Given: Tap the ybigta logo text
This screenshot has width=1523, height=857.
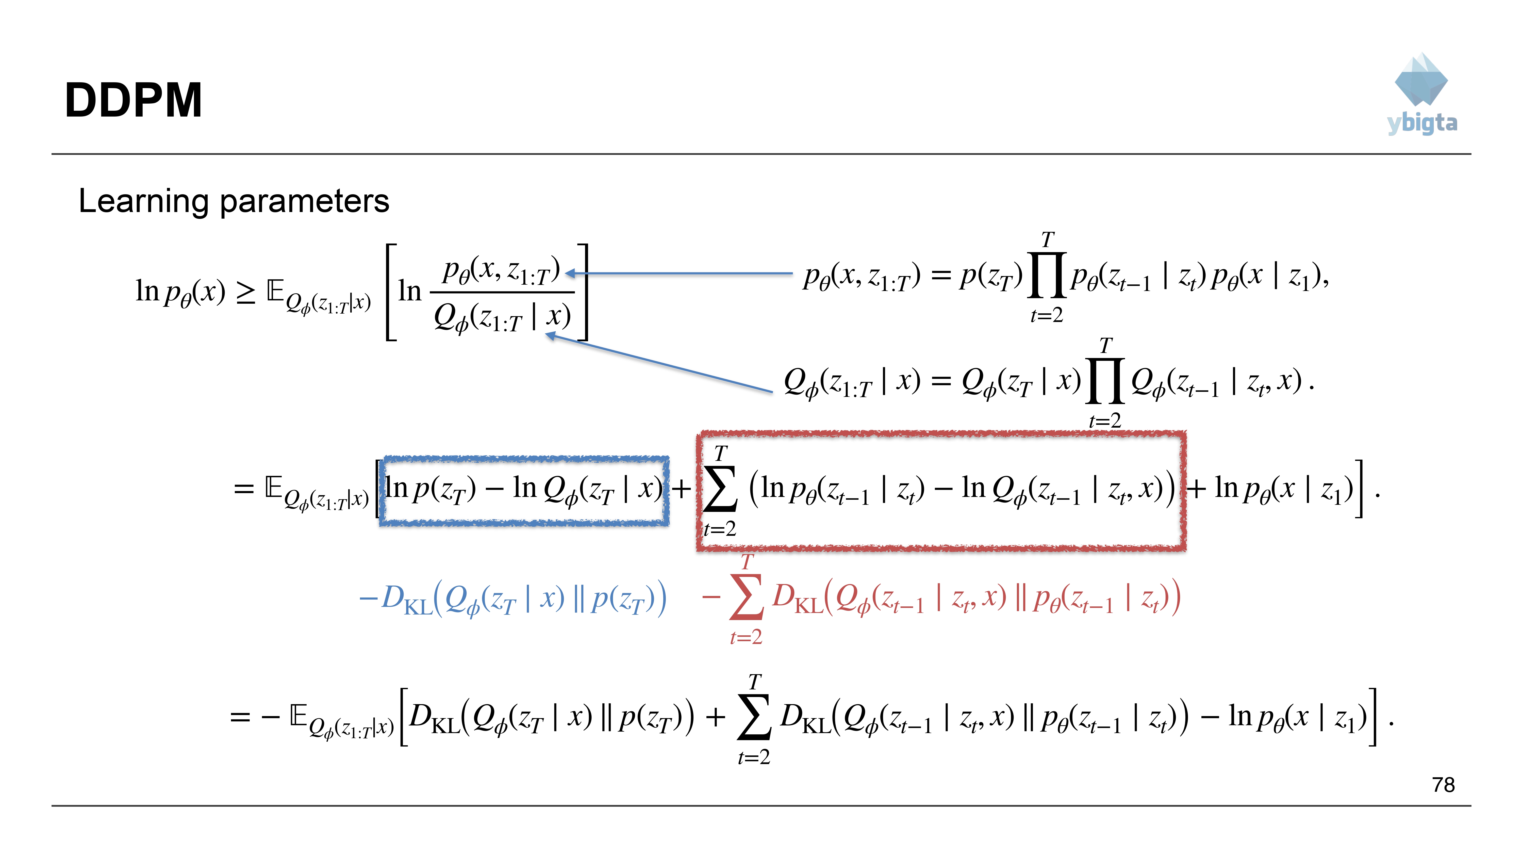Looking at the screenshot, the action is pos(1422,123).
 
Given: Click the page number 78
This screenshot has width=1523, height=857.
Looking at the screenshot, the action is pos(1443,785).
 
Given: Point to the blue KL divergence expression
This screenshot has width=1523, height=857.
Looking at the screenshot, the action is pos(512,599).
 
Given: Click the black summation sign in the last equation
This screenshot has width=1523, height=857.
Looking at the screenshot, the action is pos(754,717).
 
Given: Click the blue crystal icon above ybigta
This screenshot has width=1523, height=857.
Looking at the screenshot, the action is pos(1421,80).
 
